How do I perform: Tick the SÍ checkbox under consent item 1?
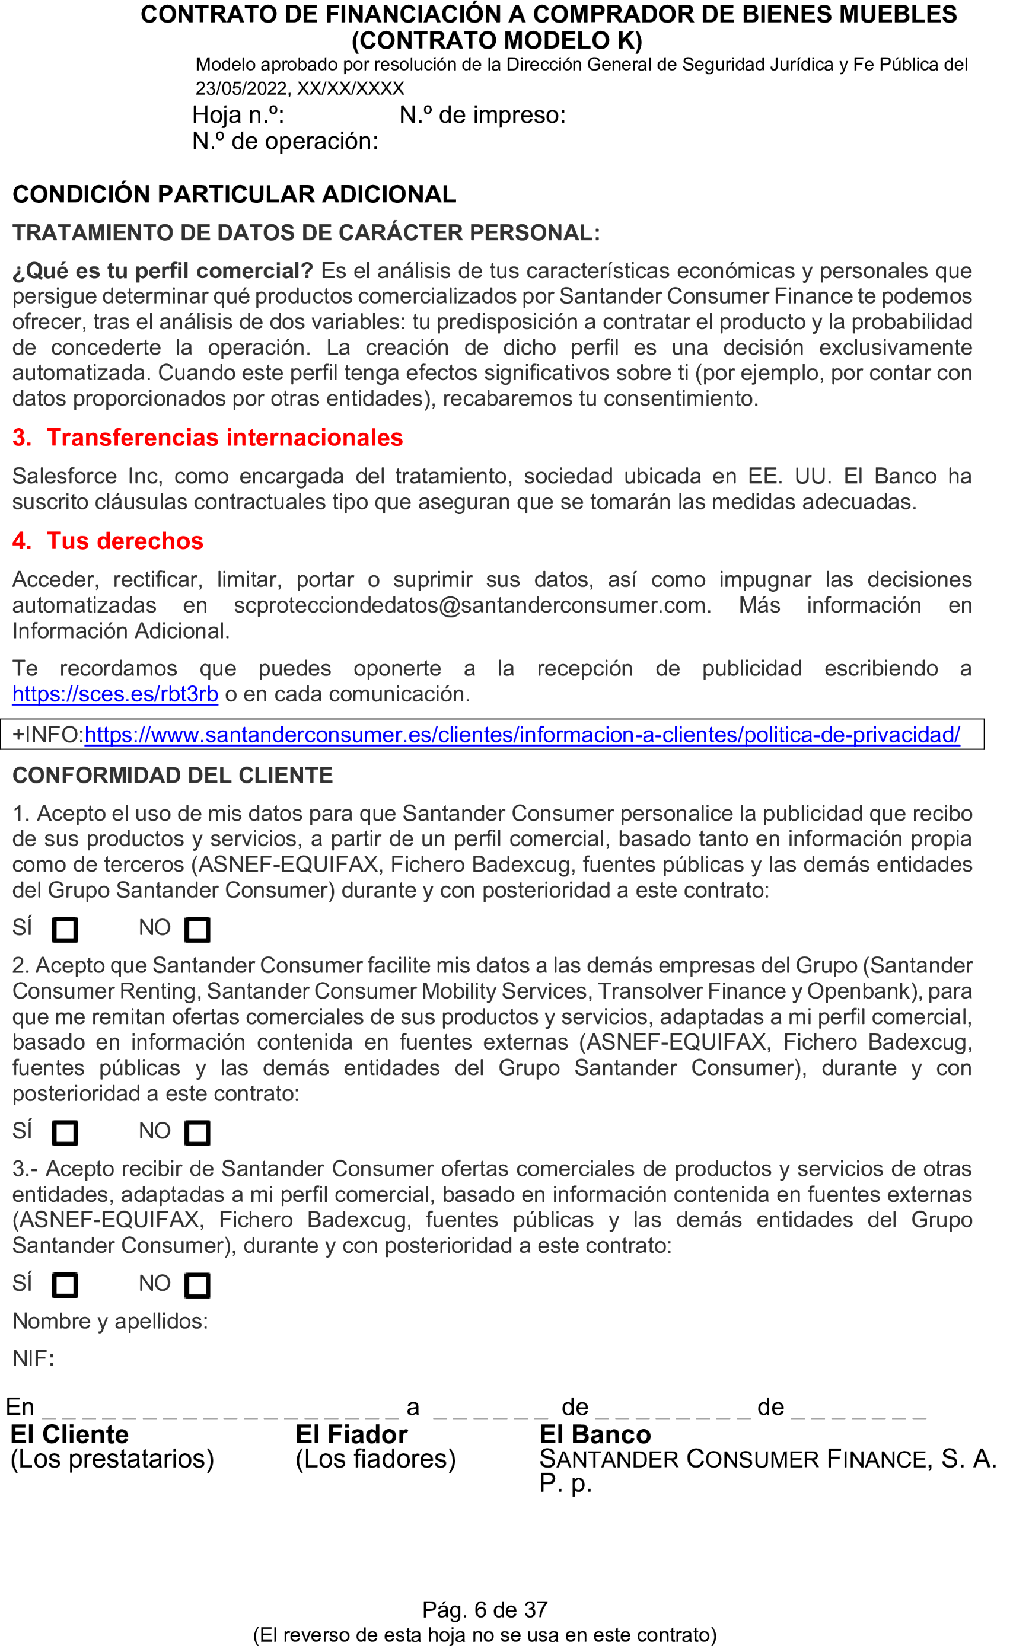pyautogui.click(x=65, y=930)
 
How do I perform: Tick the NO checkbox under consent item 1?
pyautogui.click(x=197, y=930)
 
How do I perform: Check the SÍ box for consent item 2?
pyautogui.click(x=65, y=1133)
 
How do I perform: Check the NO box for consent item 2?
pyautogui.click(x=197, y=1133)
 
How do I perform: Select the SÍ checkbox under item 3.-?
pyautogui.click(x=65, y=1285)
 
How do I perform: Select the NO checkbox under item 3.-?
pyautogui.click(x=197, y=1285)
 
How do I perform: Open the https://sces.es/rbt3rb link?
pyautogui.click(x=115, y=694)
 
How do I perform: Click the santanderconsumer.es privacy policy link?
pyautogui.click(x=522, y=735)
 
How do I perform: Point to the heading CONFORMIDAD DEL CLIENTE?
pyautogui.click(x=173, y=776)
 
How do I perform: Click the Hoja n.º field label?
pyautogui.click(x=238, y=115)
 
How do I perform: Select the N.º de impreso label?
pyautogui.click(x=482, y=115)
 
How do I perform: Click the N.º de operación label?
pyautogui.click(x=285, y=141)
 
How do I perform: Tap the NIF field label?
pyautogui.click(x=33, y=1358)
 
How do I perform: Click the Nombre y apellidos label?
pyautogui.click(x=110, y=1321)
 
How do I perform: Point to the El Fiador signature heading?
pyautogui.click(x=352, y=1434)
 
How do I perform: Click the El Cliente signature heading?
pyautogui.click(x=69, y=1434)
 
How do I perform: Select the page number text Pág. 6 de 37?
pyautogui.click(x=485, y=1609)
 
